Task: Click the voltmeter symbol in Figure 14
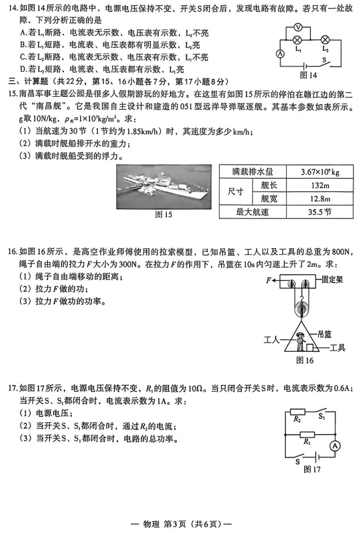coord(299,27)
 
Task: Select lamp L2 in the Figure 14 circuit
coord(325,40)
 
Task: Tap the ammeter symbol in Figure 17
coord(335,445)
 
